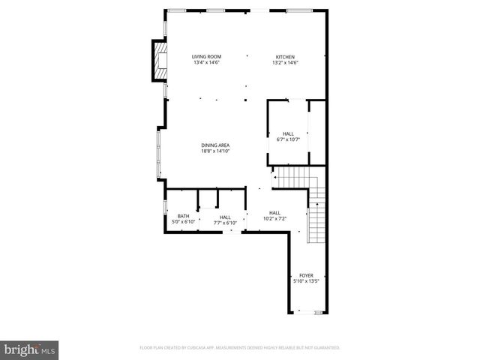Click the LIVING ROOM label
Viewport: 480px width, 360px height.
[205, 57]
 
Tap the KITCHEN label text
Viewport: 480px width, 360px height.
[285, 57]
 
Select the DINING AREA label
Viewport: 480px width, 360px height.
[214, 145]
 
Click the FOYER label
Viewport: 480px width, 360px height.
[306, 275]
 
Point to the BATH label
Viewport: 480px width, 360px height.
[183, 216]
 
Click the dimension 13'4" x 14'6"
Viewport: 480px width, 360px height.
[205, 62]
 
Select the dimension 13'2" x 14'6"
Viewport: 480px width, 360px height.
[285, 62]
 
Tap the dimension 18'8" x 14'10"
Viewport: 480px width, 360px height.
[214, 151]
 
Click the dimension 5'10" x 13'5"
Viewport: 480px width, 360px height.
[306, 281]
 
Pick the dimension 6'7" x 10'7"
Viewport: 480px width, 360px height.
[288, 139]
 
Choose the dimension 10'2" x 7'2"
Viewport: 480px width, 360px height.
[274, 218]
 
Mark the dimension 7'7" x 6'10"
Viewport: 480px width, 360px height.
[225, 222]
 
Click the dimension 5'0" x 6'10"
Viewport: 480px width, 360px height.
[183, 222]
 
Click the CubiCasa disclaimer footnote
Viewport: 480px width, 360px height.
[240, 348]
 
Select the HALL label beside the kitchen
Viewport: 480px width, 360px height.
[288, 133]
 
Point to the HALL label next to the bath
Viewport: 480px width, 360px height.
[225, 217]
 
